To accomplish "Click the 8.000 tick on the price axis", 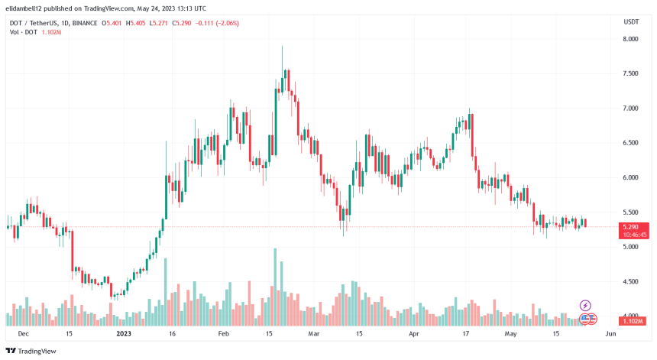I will [x=631, y=39].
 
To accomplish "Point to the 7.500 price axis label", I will [x=631, y=73].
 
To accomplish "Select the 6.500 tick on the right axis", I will [x=631, y=143].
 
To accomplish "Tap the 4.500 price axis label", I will [x=631, y=282].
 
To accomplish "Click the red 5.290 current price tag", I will [x=631, y=227].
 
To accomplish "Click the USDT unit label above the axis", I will [x=631, y=21].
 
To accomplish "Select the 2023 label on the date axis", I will [x=124, y=334].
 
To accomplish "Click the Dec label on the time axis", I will [x=23, y=334].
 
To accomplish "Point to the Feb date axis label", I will [x=223, y=334].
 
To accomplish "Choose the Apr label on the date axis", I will [x=415, y=334].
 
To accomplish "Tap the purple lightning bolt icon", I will [x=585, y=305].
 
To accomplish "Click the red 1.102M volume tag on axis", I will [x=631, y=321].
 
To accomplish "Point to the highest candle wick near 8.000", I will [x=282, y=47].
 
